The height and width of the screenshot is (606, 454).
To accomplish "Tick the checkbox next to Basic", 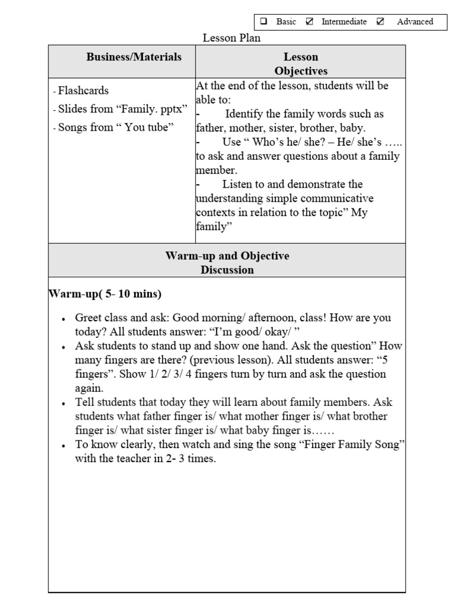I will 264,22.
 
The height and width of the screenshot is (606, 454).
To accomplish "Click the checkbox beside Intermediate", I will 310,22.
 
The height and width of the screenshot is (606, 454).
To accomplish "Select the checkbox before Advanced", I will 380,22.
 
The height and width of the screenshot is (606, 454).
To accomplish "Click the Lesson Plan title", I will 232,38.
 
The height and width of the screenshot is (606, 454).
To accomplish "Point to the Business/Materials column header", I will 134,57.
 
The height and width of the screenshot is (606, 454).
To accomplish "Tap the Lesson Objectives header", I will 301,64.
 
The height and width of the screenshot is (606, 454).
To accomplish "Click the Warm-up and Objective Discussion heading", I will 227,263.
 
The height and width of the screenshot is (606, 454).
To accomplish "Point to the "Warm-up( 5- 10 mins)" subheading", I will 105,294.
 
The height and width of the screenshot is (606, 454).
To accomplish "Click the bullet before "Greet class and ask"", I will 63,319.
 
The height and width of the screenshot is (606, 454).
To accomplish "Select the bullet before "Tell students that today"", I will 63,404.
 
